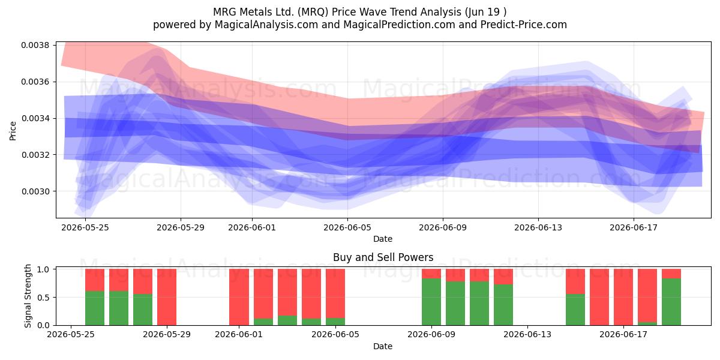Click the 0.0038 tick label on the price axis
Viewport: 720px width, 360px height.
click(35, 46)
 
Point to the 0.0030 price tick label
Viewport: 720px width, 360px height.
click(35, 191)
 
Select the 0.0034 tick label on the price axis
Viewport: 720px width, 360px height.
click(35, 119)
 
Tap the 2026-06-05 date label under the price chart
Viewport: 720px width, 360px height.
click(347, 227)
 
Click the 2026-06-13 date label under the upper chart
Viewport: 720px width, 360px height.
click(538, 227)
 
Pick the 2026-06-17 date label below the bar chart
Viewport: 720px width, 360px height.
click(623, 335)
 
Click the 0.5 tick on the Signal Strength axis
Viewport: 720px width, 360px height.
click(43, 298)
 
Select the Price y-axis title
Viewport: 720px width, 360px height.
click(13, 131)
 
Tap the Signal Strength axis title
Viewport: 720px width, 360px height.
click(28, 296)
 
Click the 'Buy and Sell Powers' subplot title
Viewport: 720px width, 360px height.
click(383, 257)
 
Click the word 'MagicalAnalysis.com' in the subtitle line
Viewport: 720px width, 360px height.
click(266, 25)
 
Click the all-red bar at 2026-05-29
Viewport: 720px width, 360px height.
click(167, 297)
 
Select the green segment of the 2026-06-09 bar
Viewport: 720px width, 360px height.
click(431, 302)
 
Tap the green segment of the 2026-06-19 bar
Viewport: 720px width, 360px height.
click(671, 302)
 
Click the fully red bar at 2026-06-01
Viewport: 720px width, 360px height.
click(239, 297)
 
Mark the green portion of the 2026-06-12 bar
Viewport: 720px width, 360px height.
click(503, 305)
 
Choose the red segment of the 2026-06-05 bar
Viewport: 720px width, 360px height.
click(335, 293)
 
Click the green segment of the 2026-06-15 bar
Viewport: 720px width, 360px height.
click(575, 310)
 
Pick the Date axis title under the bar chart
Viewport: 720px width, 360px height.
click(383, 347)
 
